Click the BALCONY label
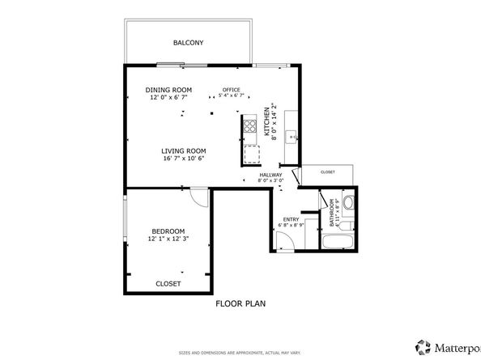point(188,42)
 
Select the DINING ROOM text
point(168,90)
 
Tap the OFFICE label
point(233,90)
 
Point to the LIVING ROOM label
point(183,150)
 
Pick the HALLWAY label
point(270,175)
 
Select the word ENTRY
point(291,218)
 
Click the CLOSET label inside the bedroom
point(168,283)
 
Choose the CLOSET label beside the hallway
point(328,172)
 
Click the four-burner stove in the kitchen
point(250,126)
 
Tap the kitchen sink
point(295,137)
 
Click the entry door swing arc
point(282,240)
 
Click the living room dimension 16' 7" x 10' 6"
point(183,159)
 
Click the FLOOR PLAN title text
point(240,304)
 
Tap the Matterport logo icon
point(423,345)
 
